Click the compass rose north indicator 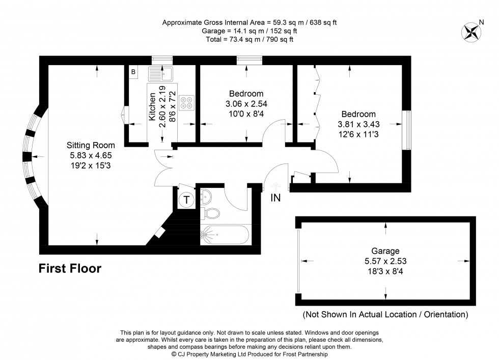(x=472, y=32)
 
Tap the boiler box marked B (x=133, y=72)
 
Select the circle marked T (x=187, y=200)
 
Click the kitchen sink (x=161, y=74)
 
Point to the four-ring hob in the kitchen (x=185, y=102)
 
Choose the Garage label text (x=385, y=251)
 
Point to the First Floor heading (x=70, y=268)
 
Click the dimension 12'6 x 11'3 (x=358, y=134)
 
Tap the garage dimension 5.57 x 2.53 (x=385, y=261)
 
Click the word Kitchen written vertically (x=152, y=107)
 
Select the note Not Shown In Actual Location (x=385, y=314)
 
